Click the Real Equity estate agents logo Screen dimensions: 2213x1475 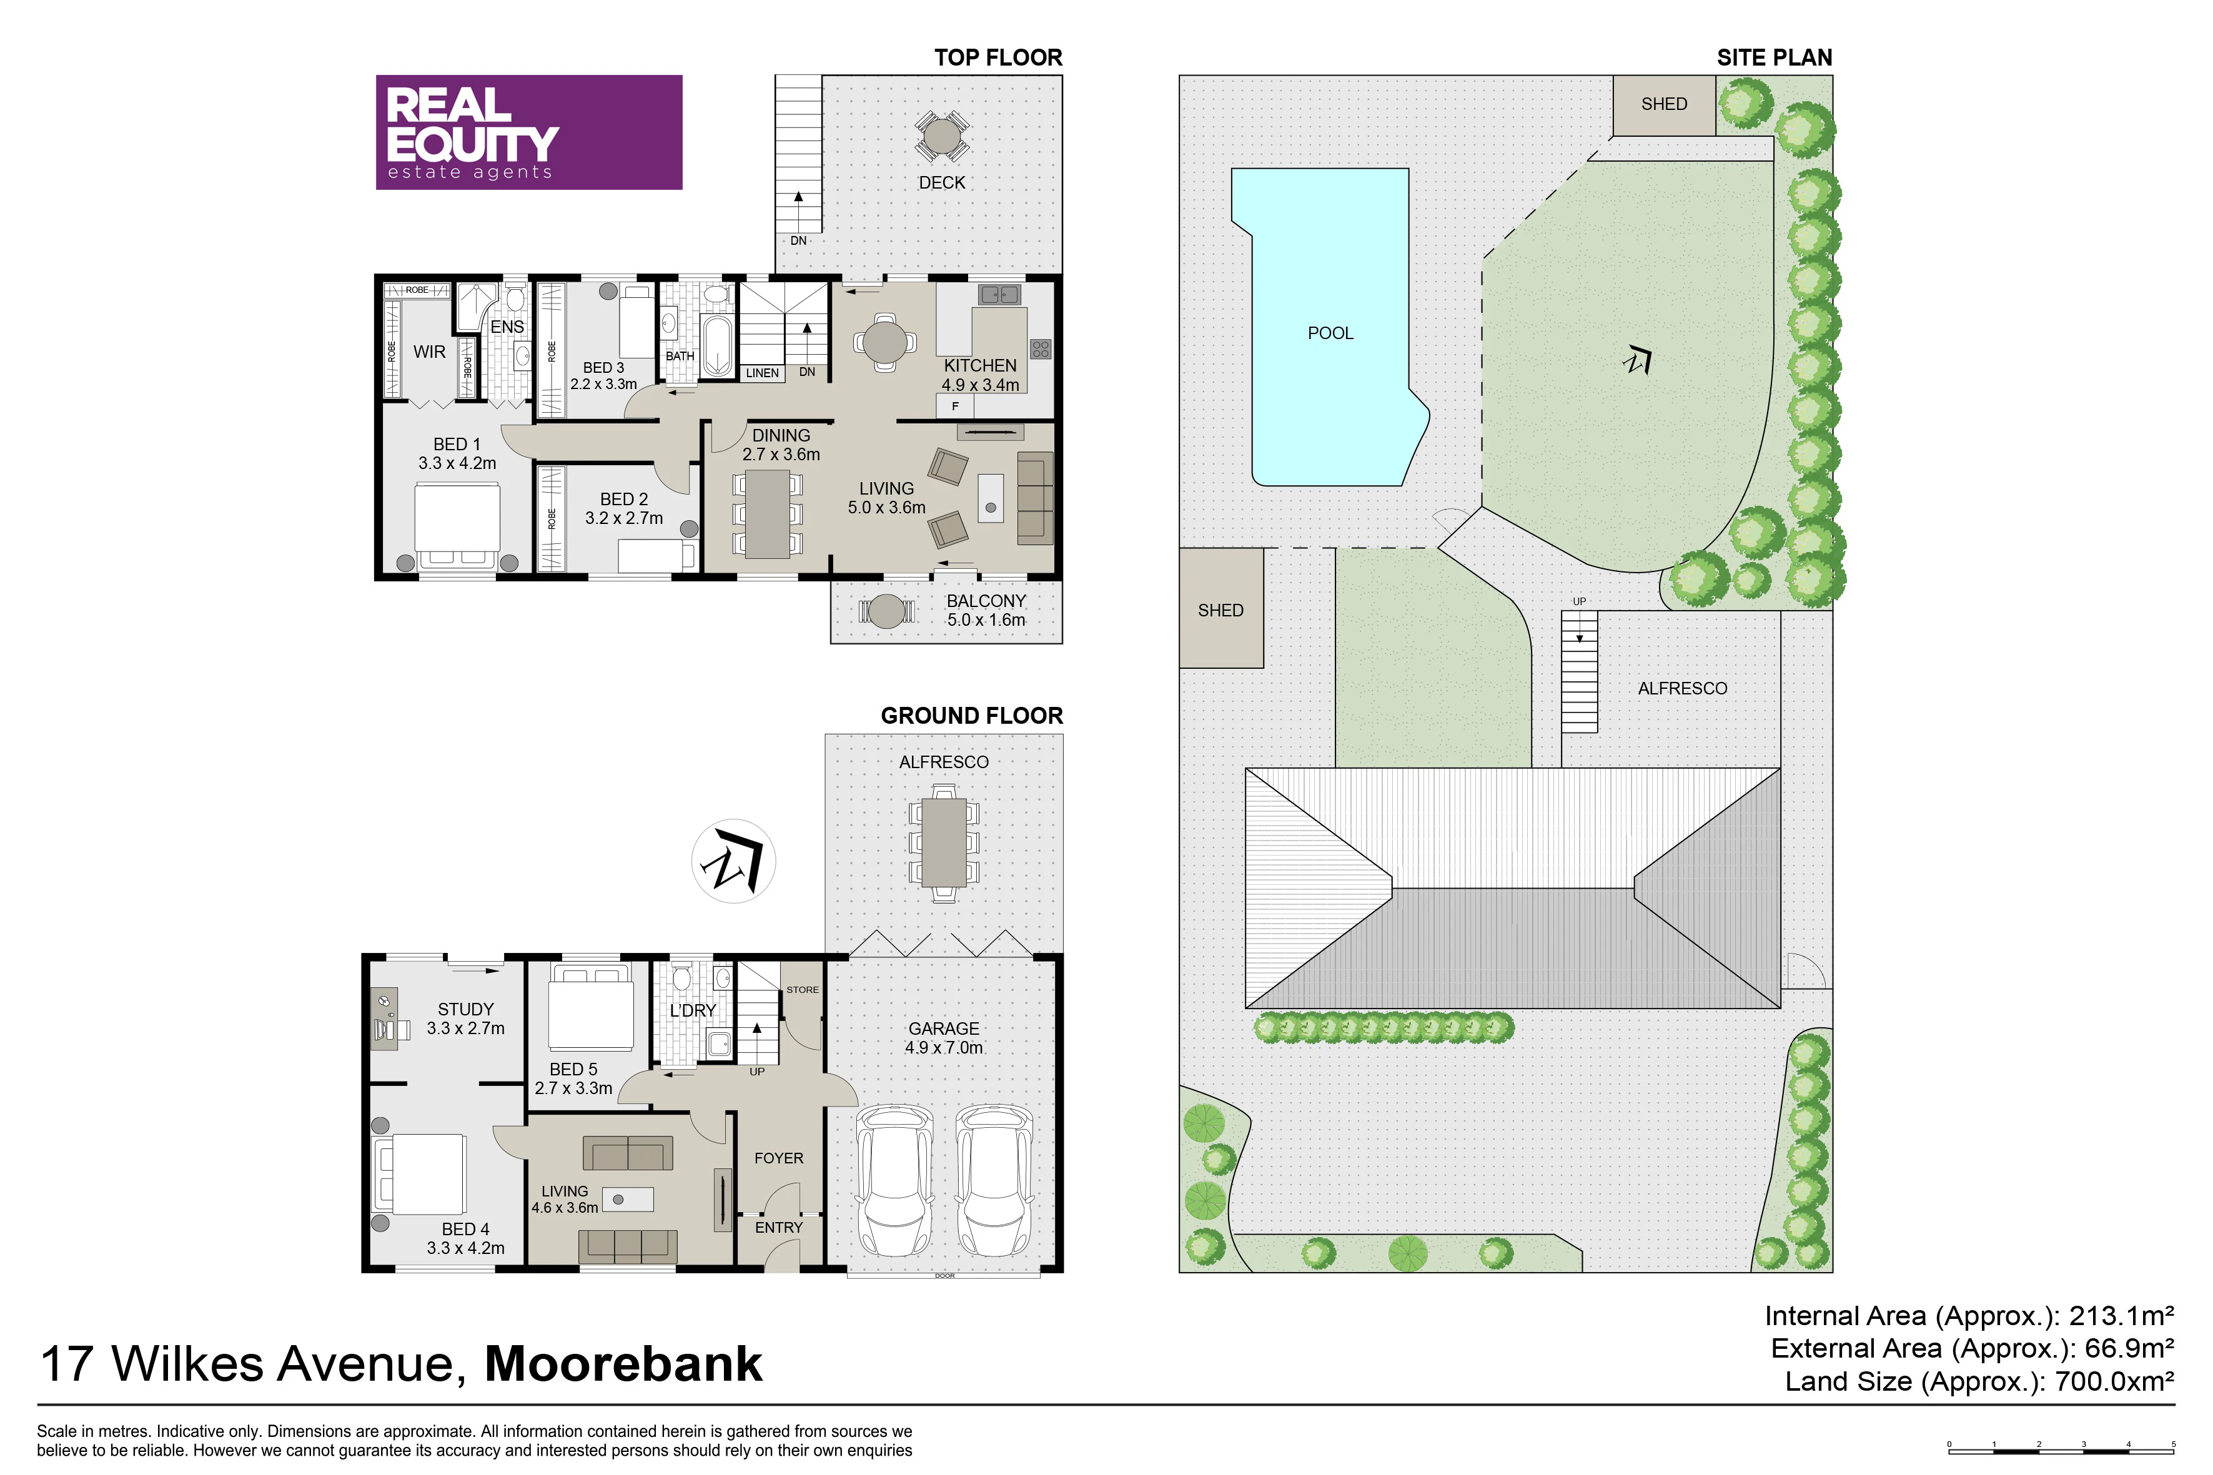[x=529, y=132]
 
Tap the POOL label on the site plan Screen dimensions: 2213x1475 [x=1330, y=333]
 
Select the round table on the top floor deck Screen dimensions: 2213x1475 [x=942, y=137]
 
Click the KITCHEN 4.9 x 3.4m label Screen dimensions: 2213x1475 [x=981, y=375]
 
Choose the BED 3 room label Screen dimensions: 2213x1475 [x=604, y=375]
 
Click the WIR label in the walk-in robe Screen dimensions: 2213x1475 [x=429, y=352]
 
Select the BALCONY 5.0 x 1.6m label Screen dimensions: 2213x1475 [x=986, y=609]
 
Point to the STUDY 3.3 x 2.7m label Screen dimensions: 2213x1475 [x=466, y=1019]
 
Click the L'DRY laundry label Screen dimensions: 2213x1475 [x=693, y=1010]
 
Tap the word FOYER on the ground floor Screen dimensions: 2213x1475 [x=779, y=1158]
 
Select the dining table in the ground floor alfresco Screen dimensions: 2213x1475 [x=944, y=842]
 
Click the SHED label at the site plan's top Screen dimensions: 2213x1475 [x=1665, y=104]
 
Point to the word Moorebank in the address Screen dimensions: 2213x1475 [x=623, y=1363]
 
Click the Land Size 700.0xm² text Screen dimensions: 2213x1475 [x=1979, y=1381]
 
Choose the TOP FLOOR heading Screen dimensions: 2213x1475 [x=998, y=57]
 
